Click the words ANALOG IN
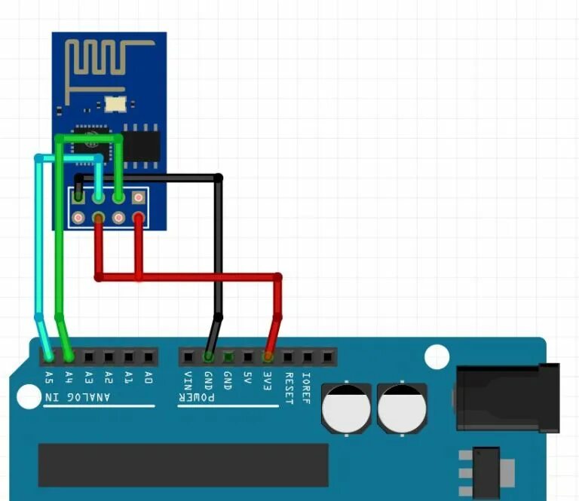(x=78, y=397)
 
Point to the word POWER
(x=197, y=397)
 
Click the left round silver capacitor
(x=347, y=411)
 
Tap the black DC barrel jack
(x=507, y=399)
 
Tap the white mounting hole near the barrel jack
(x=437, y=357)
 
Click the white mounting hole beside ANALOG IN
(x=28, y=397)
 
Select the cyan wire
(x=38, y=241)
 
